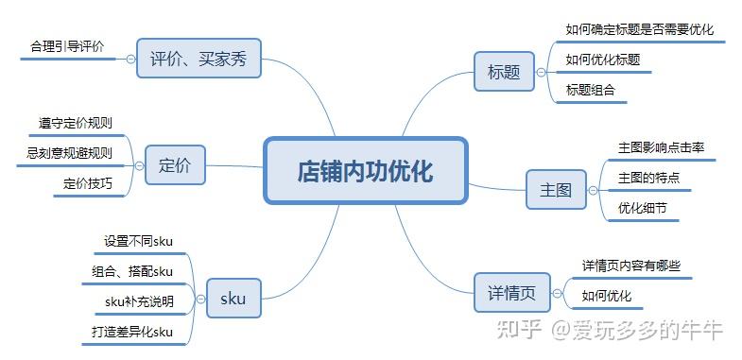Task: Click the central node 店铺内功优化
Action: (x=365, y=171)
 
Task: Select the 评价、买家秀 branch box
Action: (x=198, y=58)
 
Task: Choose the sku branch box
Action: (x=233, y=298)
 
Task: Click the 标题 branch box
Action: (x=504, y=71)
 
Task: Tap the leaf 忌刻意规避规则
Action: (x=69, y=153)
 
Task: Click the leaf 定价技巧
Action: (x=88, y=183)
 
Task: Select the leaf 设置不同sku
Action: (x=138, y=241)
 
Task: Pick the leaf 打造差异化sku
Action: (x=132, y=332)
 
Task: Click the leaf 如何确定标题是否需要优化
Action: (x=639, y=29)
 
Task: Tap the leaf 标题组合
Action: (x=590, y=90)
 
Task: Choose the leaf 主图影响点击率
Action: (x=661, y=147)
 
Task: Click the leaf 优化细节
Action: (x=643, y=207)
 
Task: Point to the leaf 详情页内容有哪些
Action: (x=630, y=266)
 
